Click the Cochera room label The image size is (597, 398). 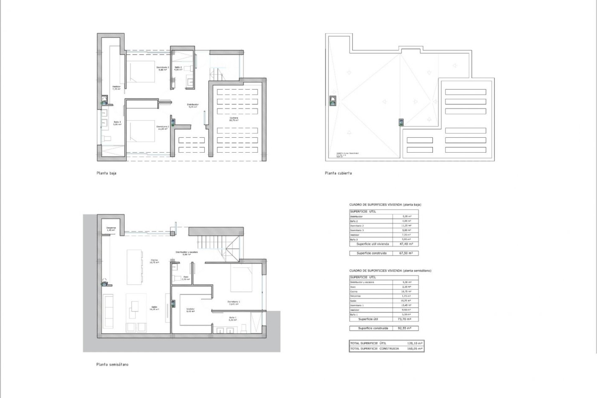click(x=234, y=119)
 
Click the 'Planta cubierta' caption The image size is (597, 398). click(x=338, y=173)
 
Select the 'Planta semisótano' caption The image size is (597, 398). click(x=112, y=364)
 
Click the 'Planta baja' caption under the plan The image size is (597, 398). click(x=106, y=173)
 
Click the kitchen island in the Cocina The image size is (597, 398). click(x=134, y=266)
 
